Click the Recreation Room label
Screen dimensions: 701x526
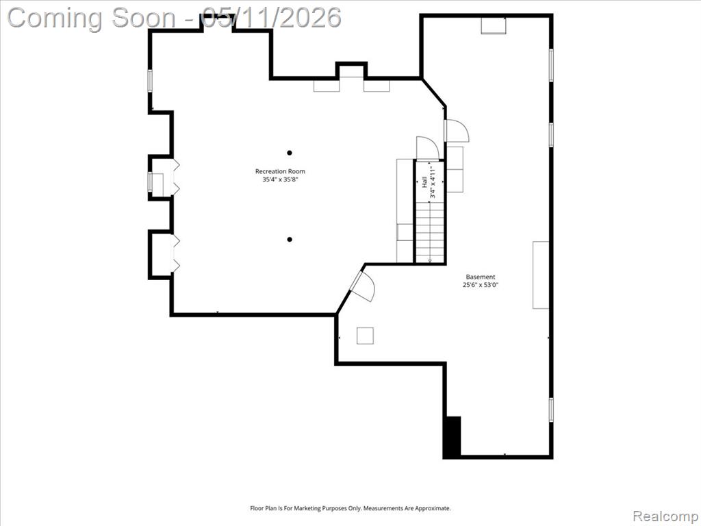[280, 171]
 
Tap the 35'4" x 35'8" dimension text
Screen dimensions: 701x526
[280, 180]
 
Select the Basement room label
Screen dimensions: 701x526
[480, 277]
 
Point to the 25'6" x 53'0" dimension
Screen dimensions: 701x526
[480, 285]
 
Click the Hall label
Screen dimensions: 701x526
[424, 182]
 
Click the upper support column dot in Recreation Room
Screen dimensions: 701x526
[290, 153]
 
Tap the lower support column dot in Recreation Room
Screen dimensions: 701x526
[290, 239]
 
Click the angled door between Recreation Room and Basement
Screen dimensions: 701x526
[363, 286]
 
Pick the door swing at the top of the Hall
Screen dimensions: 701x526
[428, 148]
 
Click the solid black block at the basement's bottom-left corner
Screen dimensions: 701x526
[453, 436]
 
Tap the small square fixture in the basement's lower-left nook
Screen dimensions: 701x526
[365, 336]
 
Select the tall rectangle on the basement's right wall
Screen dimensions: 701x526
[541, 275]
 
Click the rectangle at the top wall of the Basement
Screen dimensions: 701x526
[494, 25]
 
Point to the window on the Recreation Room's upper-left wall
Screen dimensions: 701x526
[150, 81]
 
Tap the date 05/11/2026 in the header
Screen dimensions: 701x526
[271, 18]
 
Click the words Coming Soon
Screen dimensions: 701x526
[92, 18]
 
